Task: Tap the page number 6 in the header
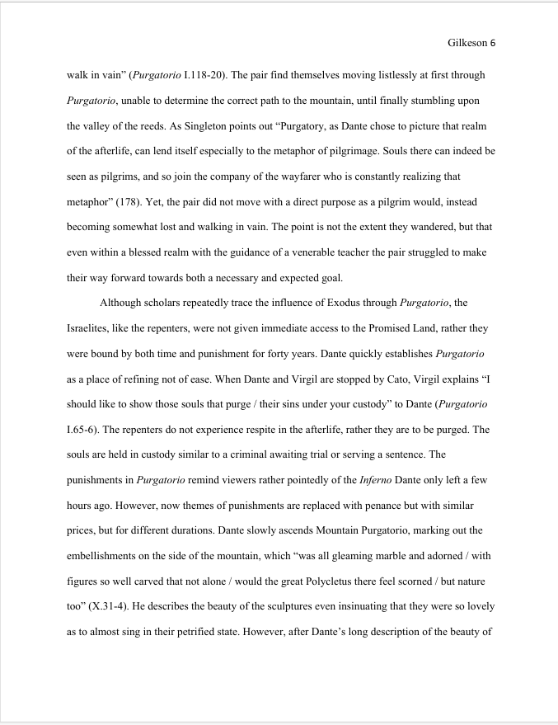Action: point(492,42)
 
